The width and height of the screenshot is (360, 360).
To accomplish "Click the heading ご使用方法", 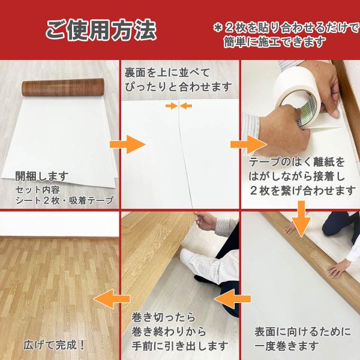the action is click(x=101, y=30).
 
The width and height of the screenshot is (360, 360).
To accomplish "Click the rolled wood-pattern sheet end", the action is click(x=63, y=87).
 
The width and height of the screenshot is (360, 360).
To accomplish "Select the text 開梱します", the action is click(x=42, y=176).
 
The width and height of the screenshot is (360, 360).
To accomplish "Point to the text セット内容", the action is click(x=37, y=190).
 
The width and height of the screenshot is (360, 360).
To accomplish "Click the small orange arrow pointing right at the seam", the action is click(x=172, y=106).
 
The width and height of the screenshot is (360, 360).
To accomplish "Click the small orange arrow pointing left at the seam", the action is click(x=186, y=106).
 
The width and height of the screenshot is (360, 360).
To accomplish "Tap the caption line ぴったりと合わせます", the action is click(x=178, y=87).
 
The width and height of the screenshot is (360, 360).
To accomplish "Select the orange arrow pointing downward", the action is click(x=302, y=219).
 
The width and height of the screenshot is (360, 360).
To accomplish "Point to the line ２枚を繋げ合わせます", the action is click(x=302, y=191).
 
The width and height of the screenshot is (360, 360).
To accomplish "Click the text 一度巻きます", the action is click(x=287, y=346).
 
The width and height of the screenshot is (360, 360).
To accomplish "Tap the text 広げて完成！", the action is click(x=54, y=345).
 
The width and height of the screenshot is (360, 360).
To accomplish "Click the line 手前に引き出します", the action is click(x=180, y=346).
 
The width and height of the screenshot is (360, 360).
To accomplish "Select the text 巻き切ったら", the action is click(x=163, y=317).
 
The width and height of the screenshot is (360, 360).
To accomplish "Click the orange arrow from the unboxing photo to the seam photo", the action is click(x=128, y=145).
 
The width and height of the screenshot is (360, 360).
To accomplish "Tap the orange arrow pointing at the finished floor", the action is click(x=112, y=299).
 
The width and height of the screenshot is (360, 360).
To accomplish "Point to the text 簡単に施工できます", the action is click(x=275, y=42).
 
